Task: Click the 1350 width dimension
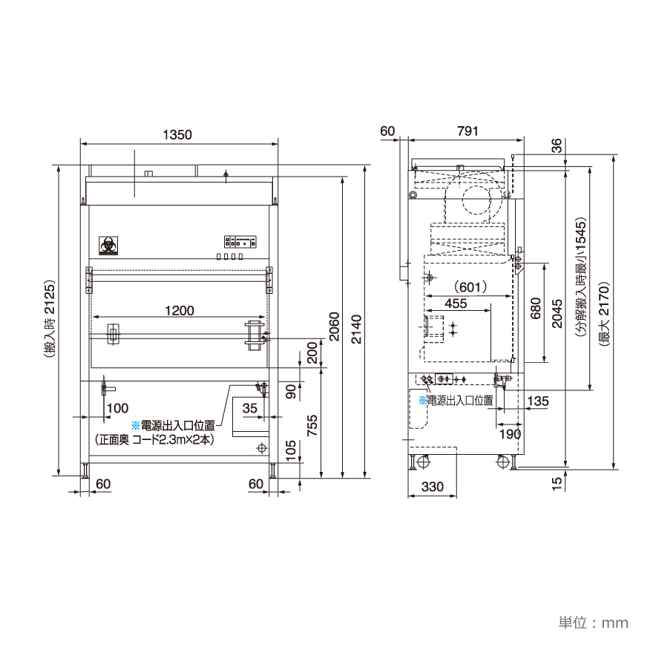(178, 135)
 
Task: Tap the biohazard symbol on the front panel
(108, 245)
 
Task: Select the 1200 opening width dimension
(179, 310)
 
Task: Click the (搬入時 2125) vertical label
(50, 320)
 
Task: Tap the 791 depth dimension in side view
(467, 131)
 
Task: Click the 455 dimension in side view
(456, 303)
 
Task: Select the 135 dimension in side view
(538, 401)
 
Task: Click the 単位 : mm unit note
(593, 623)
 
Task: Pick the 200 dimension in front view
(312, 352)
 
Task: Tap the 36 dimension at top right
(557, 145)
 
